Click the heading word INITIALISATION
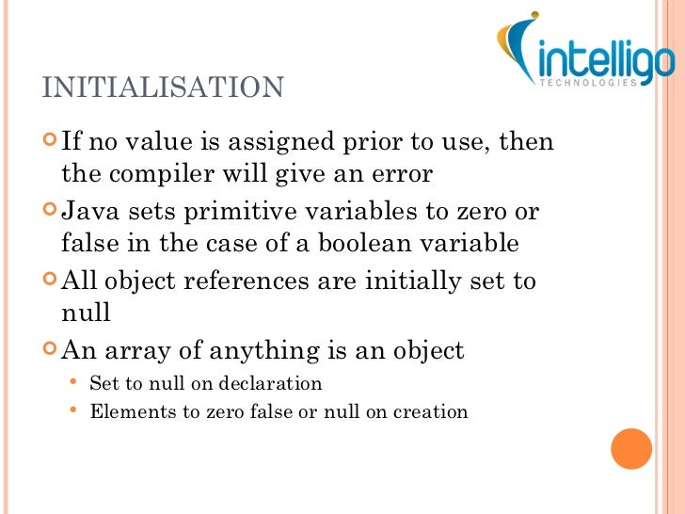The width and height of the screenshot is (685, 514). pyautogui.click(x=163, y=88)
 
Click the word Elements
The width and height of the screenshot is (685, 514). pyautogui.click(x=125, y=411)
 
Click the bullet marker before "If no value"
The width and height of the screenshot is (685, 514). pyautogui.click(x=50, y=142)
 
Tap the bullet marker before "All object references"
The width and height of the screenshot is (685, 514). pyautogui.click(x=50, y=281)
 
